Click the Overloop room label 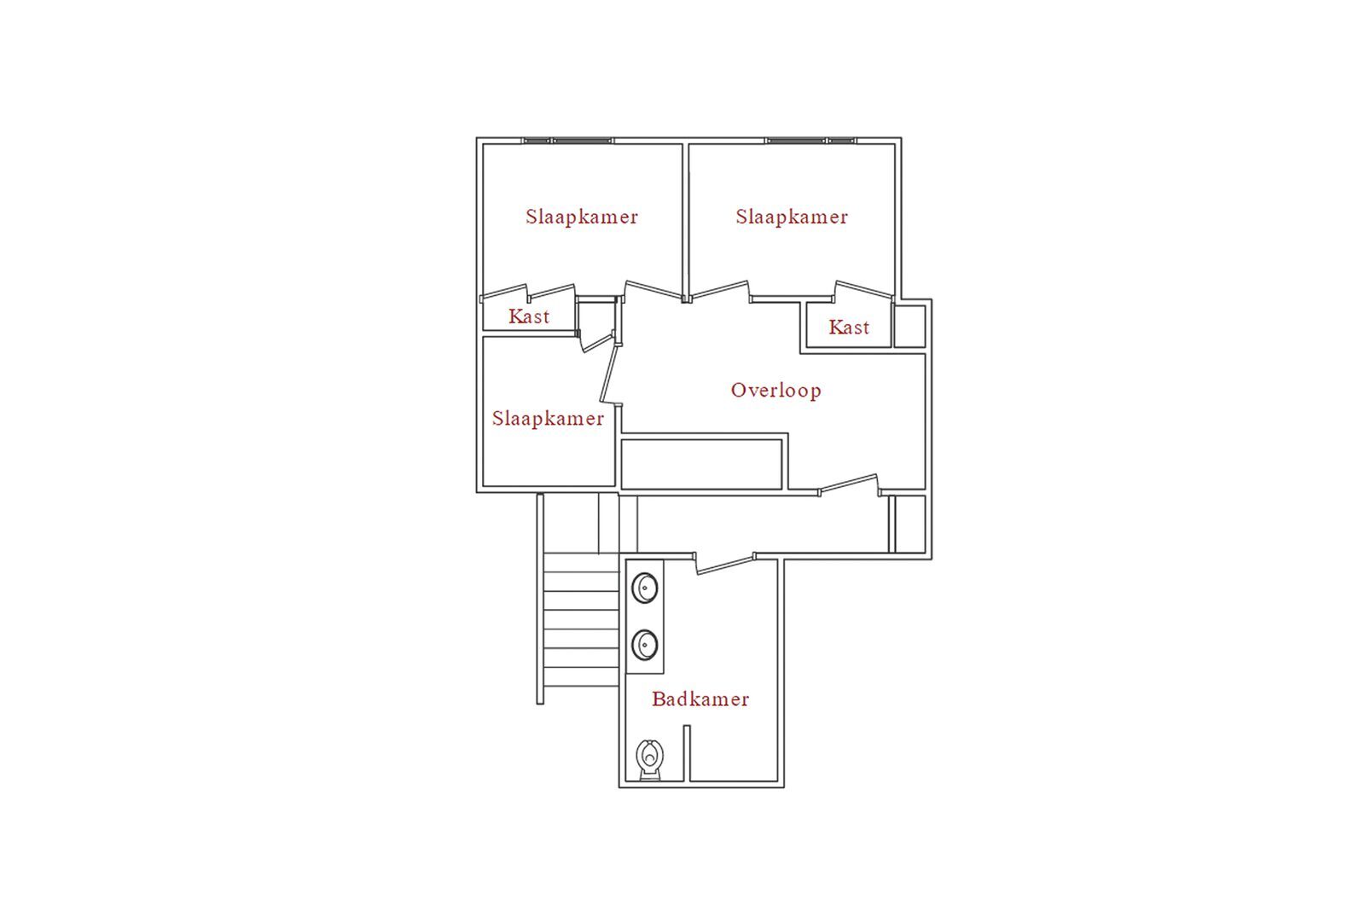tap(775, 391)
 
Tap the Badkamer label tap(700, 698)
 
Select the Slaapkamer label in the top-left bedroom tap(581, 217)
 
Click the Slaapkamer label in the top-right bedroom tap(792, 217)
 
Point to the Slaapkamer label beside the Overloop tap(548, 419)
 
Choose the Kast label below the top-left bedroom tap(529, 316)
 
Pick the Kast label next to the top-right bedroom tap(849, 327)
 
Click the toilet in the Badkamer tap(649, 760)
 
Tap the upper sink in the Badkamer tap(644, 588)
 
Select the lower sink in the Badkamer tap(644, 645)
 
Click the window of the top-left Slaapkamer tap(568, 141)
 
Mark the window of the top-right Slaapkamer tap(810, 141)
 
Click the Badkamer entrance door tap(725, 564)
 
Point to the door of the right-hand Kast tap(863, 291)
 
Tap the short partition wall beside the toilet tap(687, 753)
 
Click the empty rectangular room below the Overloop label tap(701, 464)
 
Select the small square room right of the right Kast tap(909, 327)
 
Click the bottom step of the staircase tap(581, 676)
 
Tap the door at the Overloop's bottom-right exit tap(849, 484)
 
